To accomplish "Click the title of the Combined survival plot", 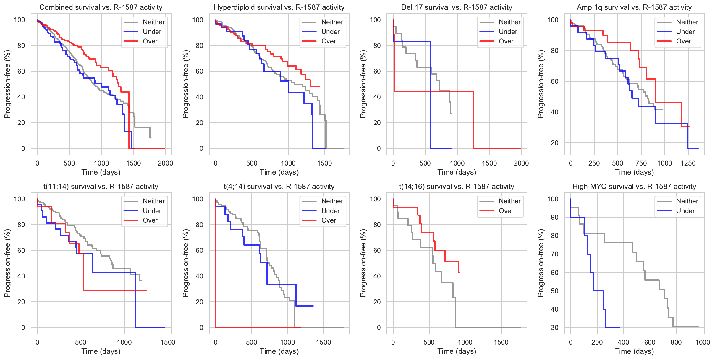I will [x=101, y=7].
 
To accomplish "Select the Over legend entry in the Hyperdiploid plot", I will [x=328, y=41].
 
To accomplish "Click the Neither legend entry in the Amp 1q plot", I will [x=687, y=22].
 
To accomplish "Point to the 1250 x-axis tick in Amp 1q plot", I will [x=688, y=163].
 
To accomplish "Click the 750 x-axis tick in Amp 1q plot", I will [x=641, y=163].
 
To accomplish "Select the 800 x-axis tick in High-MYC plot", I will [x=676, y=343].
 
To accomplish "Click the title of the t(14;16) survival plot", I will [x=457, y=187].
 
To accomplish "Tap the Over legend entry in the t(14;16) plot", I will [x=506, y=211].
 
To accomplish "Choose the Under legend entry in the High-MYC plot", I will [x=685, y=211].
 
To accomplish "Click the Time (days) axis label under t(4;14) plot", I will [x=279, y=351].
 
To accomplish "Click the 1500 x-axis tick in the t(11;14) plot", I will [x=168, y=343].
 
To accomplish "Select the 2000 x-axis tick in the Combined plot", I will [x=165, y=163].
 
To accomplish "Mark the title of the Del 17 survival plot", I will [x=457, y=7].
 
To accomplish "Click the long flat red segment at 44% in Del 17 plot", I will [x=435, y=91].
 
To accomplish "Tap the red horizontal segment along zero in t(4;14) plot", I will [x=257, y=327].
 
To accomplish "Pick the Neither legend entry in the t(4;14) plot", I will [x=332, y=201].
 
